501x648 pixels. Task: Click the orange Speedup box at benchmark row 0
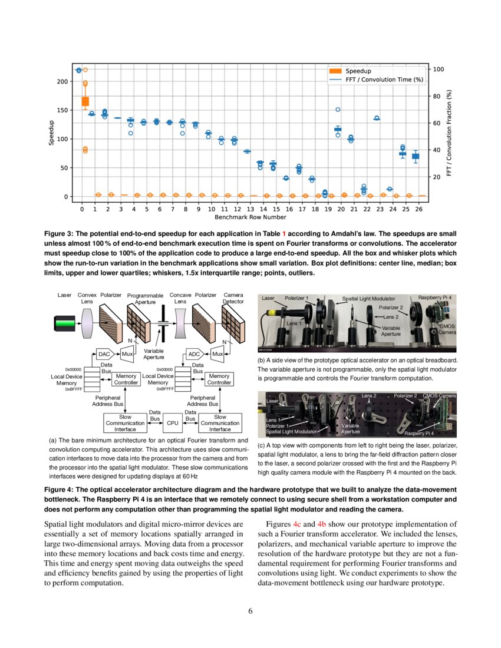click(x=85, y=101)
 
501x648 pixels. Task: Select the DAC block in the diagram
click(x=104, y=354)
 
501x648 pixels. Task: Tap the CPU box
click(x=173, y=422)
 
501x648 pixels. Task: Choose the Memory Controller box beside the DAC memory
click(x=126, y=379)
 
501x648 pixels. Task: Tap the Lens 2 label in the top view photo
click(x=369, y=395)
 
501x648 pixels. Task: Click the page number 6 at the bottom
click(x=250, y=610)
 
